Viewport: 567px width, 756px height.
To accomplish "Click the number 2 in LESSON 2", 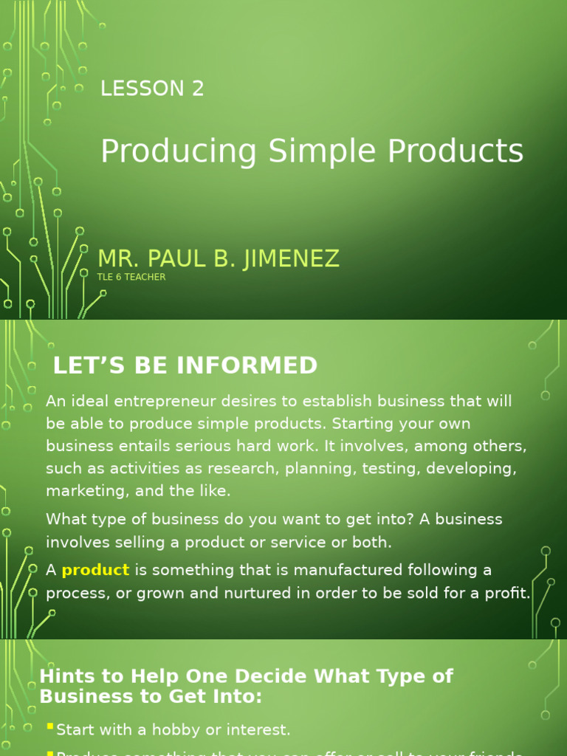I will [x=197, y=89].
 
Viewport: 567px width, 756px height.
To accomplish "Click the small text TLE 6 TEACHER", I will [x=131, y=277].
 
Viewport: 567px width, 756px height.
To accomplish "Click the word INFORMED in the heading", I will [x=253, y=365].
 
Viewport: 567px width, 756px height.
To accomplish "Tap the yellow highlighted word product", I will [x=95, y=570].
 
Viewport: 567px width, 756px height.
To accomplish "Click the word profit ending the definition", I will [x=506, y=593].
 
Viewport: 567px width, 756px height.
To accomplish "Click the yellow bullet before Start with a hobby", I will [x=49, y=727].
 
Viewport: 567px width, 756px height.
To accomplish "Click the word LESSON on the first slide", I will [x=142, y=89].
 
